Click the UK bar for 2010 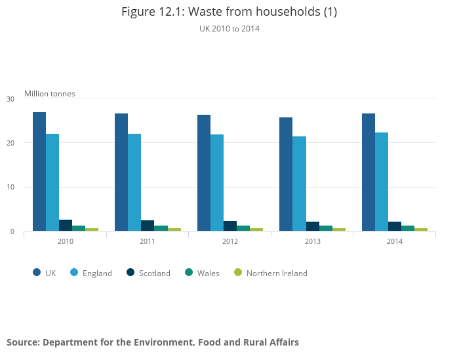point(39,172)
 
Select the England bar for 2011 point(134,182)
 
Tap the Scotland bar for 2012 point(230,226)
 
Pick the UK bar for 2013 point(286,174)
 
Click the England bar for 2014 point(382,182)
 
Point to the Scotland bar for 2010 point(66,226)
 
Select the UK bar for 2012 point(204,173)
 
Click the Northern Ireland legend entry point(276,273)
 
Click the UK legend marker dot point(37,273)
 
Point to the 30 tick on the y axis point(10,99)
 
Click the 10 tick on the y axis point(10,188)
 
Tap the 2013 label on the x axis point(312,242)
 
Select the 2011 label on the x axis point(148,242)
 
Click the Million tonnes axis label point(50,94)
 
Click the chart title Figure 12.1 point(229,12)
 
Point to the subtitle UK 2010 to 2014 point(229,29)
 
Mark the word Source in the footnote point(22,342)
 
